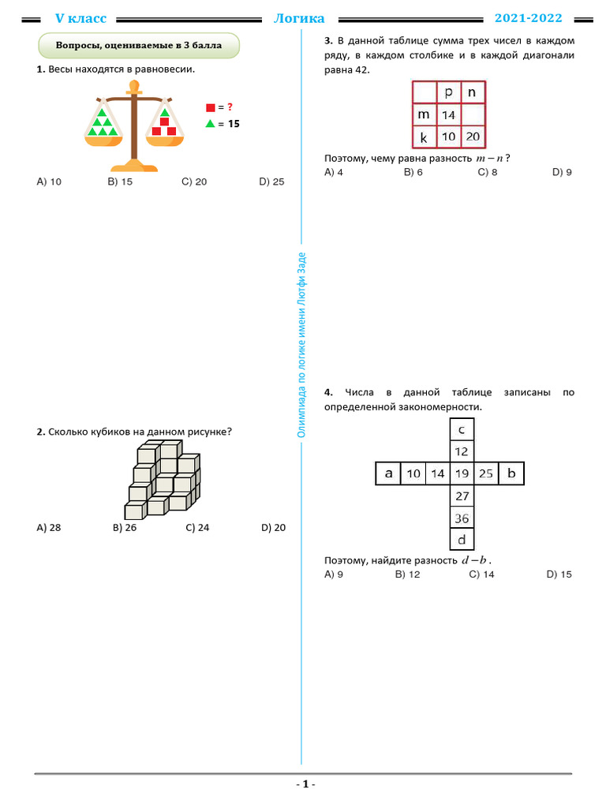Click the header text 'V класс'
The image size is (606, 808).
pos(80,18)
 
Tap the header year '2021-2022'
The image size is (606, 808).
pos(527,18)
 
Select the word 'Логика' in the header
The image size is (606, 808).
pos(299,18)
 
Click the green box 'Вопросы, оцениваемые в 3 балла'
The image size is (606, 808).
pos(139,46)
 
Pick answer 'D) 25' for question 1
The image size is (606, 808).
pos(271,181)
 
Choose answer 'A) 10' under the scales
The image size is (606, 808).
pos(49,181)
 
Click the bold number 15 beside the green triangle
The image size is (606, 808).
pos(234,124)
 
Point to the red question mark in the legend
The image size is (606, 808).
pos(230,107)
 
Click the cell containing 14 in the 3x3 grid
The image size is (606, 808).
pos(448,115)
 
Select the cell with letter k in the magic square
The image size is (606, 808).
pos(424,137)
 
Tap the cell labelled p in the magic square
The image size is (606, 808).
pos(448,92)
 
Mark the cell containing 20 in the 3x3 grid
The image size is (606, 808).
pos(472,137)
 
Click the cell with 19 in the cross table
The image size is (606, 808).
pos(462,473)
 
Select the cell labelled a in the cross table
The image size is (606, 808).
pos(388,473)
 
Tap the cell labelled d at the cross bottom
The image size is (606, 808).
pos(462,540)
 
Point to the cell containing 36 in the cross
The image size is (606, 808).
pos(462,518)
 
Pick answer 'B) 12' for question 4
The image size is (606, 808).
pos(407,574)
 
